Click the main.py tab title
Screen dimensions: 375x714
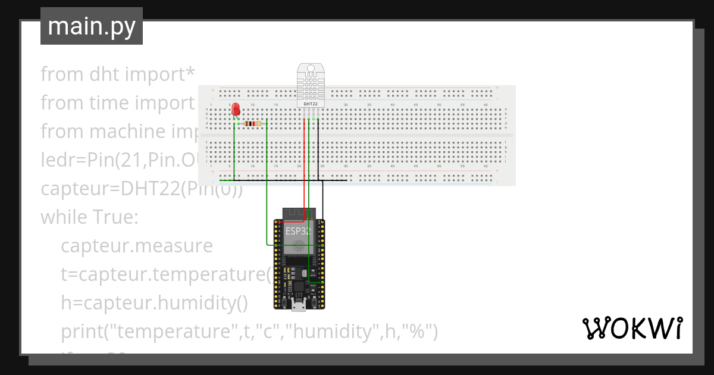[x=92, y=26]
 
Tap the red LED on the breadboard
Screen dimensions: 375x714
[x=236, y=110]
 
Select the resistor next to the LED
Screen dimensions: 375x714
[x=253, y=124]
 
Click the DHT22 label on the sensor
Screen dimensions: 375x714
[x=310, y=104]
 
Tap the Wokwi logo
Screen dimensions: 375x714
[x=632, y=329]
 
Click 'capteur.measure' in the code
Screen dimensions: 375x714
[x=136, y=246]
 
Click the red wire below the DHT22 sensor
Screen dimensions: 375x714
[x=305, y=167]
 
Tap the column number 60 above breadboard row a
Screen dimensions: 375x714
[x=486, y=105]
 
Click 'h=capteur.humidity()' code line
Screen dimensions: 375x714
[x=154, y=303]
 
